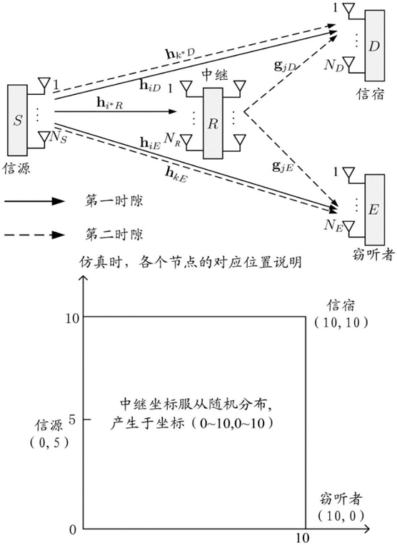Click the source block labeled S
(x=17, y=120)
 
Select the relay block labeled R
(x=213, y=123)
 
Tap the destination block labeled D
(x=374, y=46)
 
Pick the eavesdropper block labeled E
(x=374, y=210)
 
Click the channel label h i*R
(x=109, y=103)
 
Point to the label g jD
(x=284, y=66)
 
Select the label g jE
(x=283, y=167)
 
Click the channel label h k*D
(x=179, y=54)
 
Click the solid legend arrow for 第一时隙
(x=34, y=201)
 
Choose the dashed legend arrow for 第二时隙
(x=34, y=235)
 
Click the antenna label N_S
(x=58, y=138)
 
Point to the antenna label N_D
(x=334, y=66)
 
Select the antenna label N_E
(x=334, y=225)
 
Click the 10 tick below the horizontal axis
(x=302, y=538)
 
